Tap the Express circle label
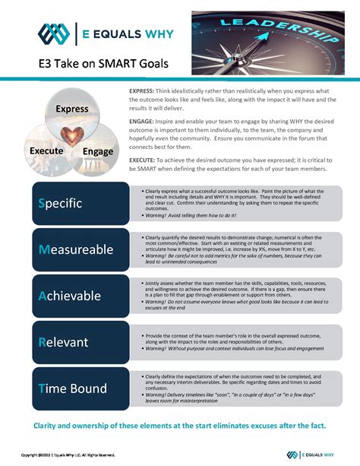(x=72, y=109)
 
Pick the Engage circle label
(x=98, y=151)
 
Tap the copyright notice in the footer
(x=68, y=455)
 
